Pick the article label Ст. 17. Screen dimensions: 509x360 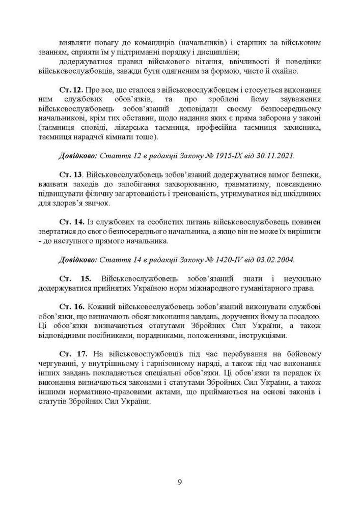(70, 353)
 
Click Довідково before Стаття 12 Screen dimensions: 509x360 (78, 154)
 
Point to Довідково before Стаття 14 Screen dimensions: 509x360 (78, 259)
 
